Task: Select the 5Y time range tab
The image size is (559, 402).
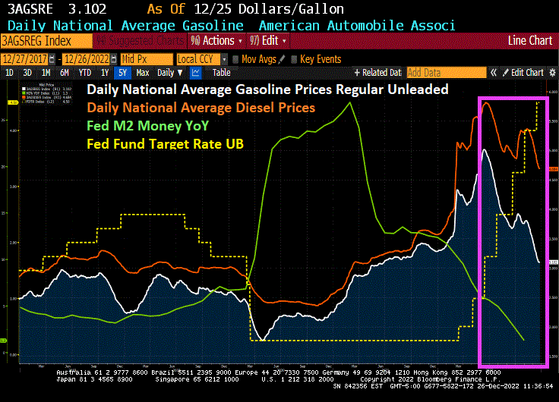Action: coord(122,73)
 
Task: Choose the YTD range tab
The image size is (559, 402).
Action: coord(84,73)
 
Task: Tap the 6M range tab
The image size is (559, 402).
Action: coord(65,73)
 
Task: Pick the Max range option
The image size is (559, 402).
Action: coord(143,73)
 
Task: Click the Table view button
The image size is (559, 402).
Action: coord(221,73)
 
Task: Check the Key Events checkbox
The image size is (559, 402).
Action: coord(294,58)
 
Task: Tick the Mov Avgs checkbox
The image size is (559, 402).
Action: coord(235,58)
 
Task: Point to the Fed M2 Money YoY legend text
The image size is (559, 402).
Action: coord(147,125)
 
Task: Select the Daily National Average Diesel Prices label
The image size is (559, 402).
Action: coord(201,108)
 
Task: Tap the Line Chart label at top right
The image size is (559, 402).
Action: coord(530,40)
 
